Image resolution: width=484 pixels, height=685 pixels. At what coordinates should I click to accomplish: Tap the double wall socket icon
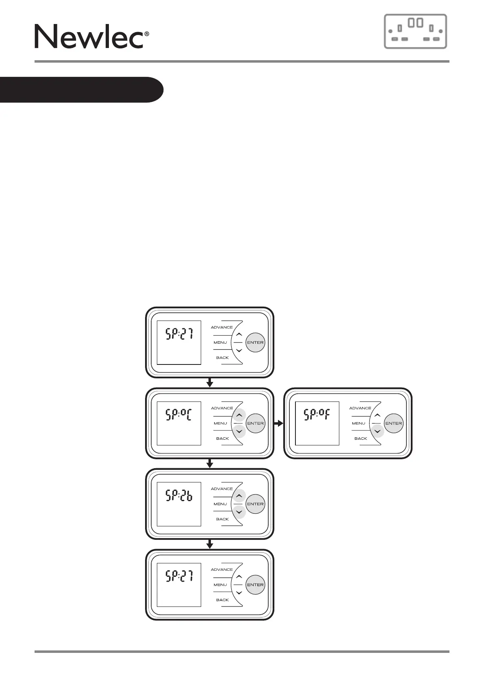[x=415, y=31]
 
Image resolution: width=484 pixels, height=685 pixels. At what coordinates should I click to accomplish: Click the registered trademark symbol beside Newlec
[x=147, y=35]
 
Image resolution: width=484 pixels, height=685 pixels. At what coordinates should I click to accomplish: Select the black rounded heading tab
[x=81, y=89]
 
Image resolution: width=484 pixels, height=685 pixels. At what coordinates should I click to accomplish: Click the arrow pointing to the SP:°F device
[x=279, y=423]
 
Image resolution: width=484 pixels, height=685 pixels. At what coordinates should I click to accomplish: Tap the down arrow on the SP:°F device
[x=378, y=431]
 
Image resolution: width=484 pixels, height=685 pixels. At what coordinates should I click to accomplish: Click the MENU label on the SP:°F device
[x=359, y=423]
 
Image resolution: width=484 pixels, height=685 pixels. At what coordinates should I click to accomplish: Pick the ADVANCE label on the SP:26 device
[x=222, y=489]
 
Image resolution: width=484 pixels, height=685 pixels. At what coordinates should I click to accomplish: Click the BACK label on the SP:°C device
[x=222, y=438]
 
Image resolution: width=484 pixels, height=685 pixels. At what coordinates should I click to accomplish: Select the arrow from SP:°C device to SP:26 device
[x=210, y=463]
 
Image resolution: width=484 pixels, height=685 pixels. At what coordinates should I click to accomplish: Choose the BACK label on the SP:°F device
[x=360, y=438]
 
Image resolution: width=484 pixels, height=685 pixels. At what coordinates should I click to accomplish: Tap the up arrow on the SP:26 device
[x=239, y=496]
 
